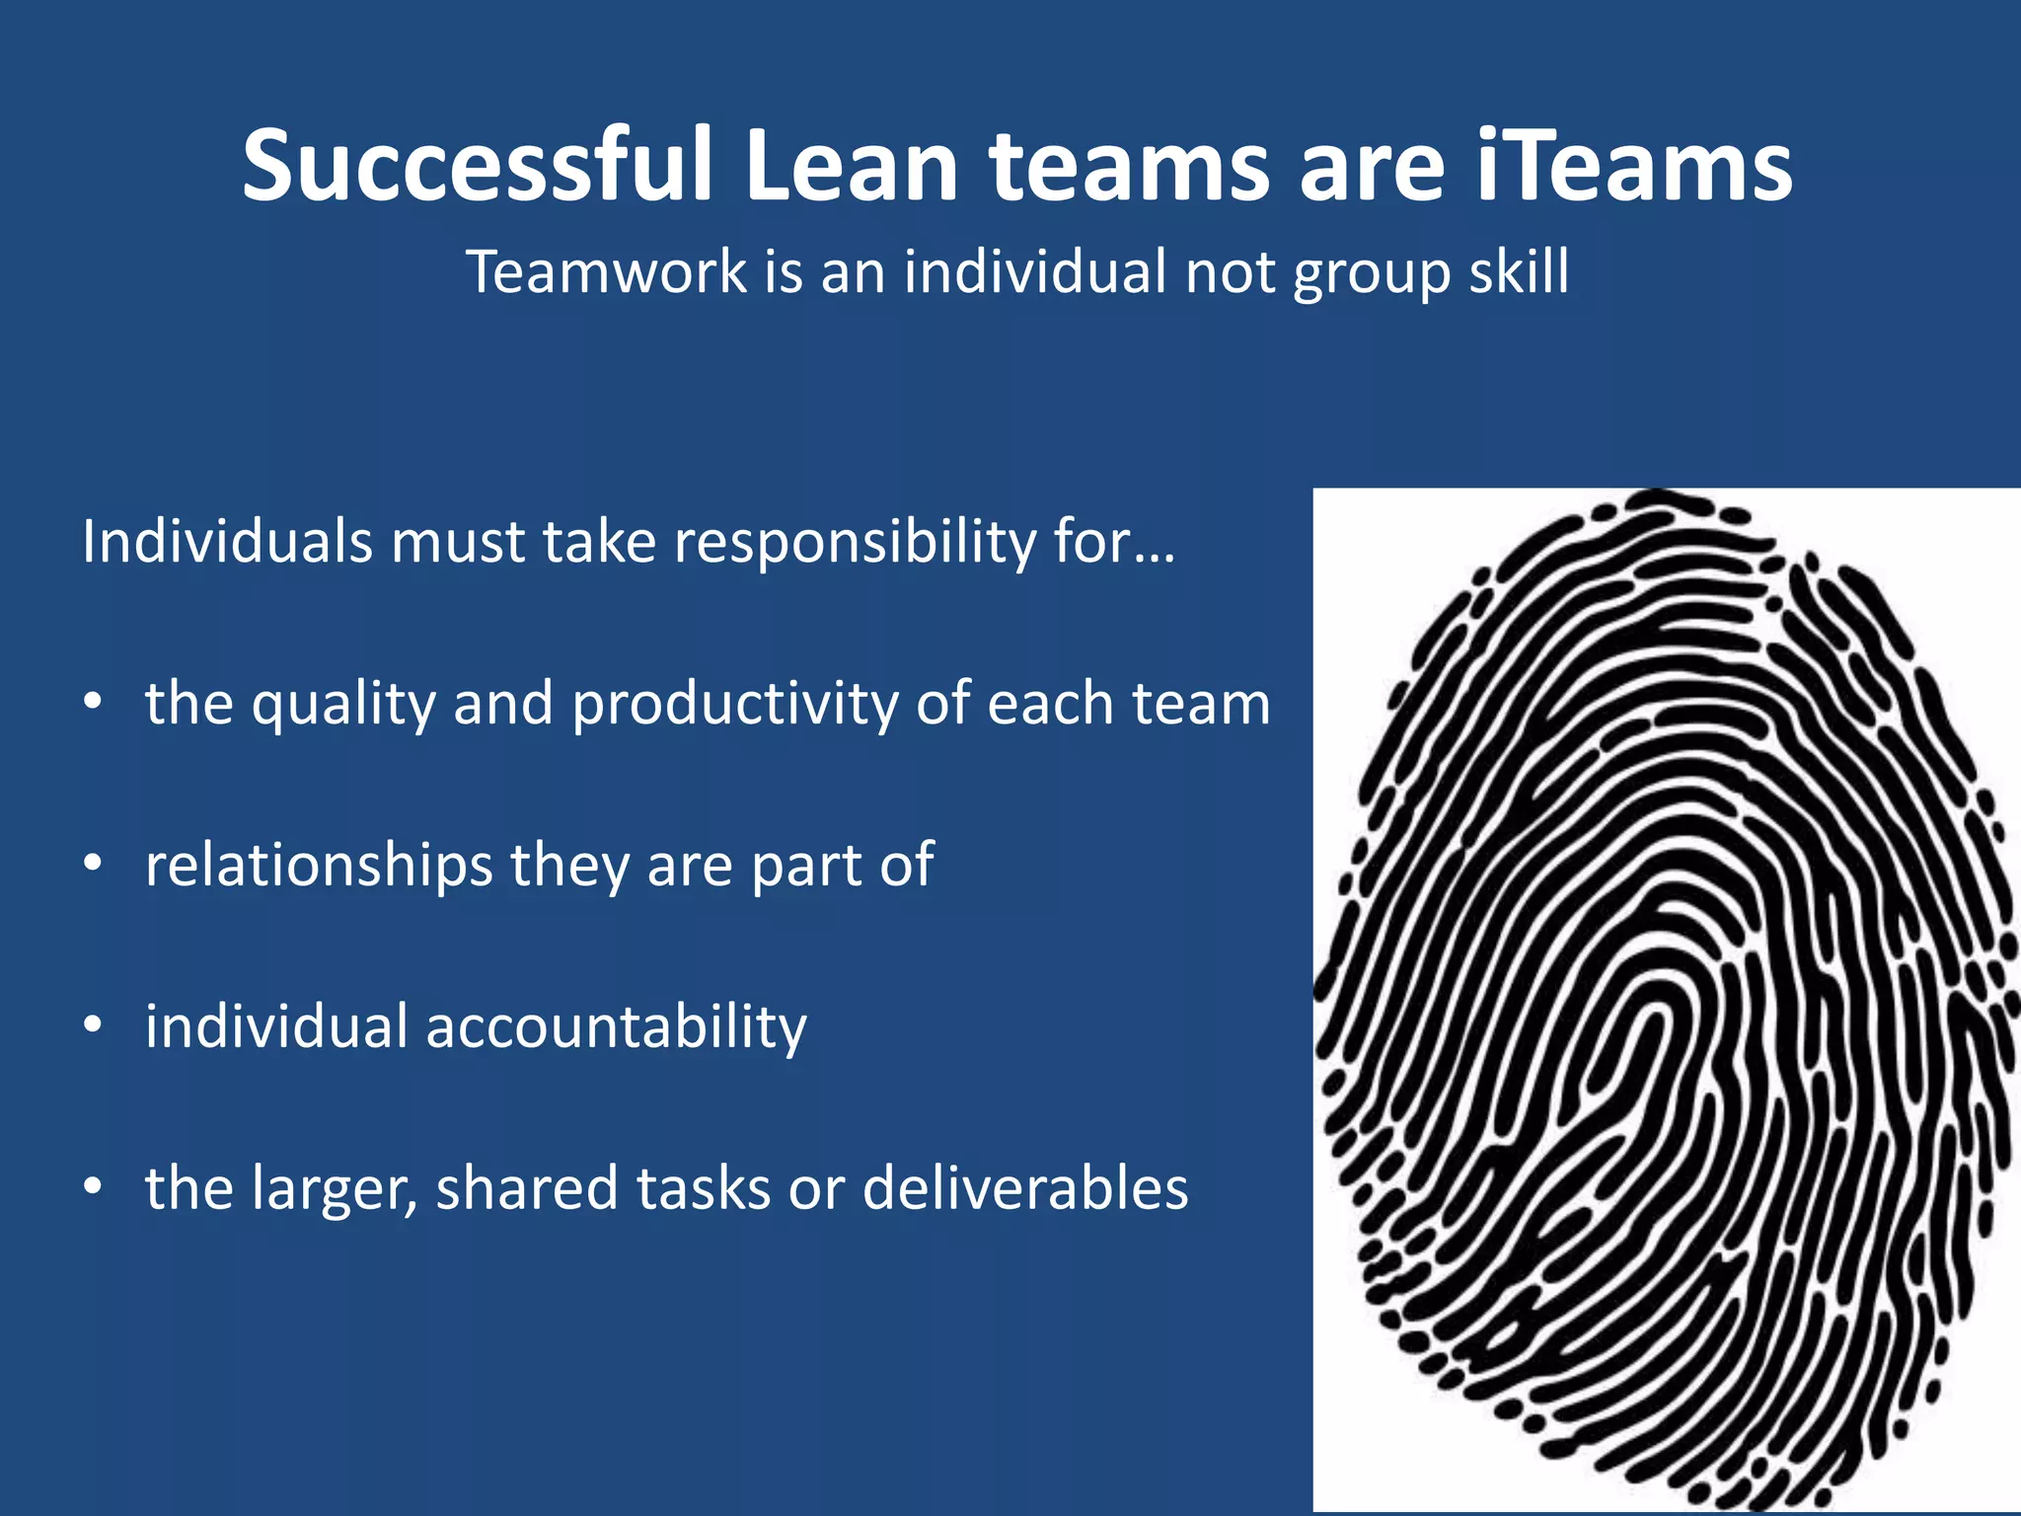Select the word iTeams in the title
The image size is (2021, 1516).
(1633, 165)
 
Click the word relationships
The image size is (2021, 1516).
(319, 866)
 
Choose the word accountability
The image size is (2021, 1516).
(617, 1027)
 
